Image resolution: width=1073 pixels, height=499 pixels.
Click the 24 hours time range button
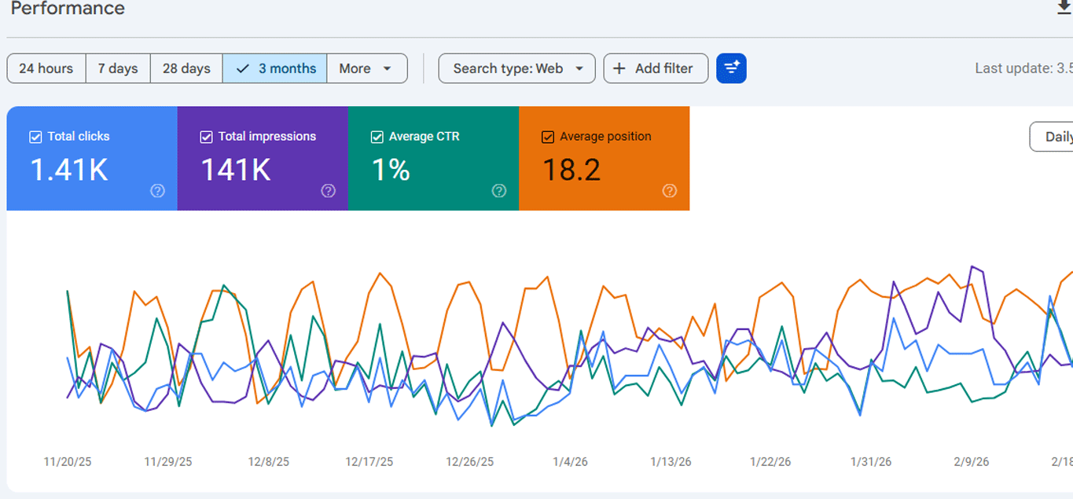[46, 68]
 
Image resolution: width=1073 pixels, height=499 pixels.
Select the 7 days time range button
[118, 68]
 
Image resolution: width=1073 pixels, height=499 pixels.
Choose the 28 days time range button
[186, 68]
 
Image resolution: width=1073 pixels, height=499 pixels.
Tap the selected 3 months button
[275, 68]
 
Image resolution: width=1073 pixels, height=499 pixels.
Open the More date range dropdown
[366, 68]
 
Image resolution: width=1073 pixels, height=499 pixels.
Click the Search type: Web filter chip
[516, 68]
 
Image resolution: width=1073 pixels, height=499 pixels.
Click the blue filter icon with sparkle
[731, 68]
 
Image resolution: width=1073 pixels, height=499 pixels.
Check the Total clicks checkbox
[35, 137]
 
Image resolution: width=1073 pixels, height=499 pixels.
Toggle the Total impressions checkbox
[206, 137]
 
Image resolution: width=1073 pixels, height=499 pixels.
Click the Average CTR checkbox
[377, 137]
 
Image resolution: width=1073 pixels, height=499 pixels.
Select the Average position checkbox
[548, 137]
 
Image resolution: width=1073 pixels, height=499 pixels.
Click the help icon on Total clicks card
[158, 191]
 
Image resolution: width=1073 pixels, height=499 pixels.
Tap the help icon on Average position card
[670, 191]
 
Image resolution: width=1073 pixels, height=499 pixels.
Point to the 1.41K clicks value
[69, 170]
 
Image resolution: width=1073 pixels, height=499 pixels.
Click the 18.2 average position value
[571, 170]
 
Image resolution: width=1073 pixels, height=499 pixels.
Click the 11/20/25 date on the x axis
[68, 462]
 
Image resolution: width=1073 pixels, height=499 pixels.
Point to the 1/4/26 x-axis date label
[570, 462]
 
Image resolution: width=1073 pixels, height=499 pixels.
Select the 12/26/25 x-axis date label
[470, 462]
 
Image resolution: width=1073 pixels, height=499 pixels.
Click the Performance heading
[68, 9]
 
